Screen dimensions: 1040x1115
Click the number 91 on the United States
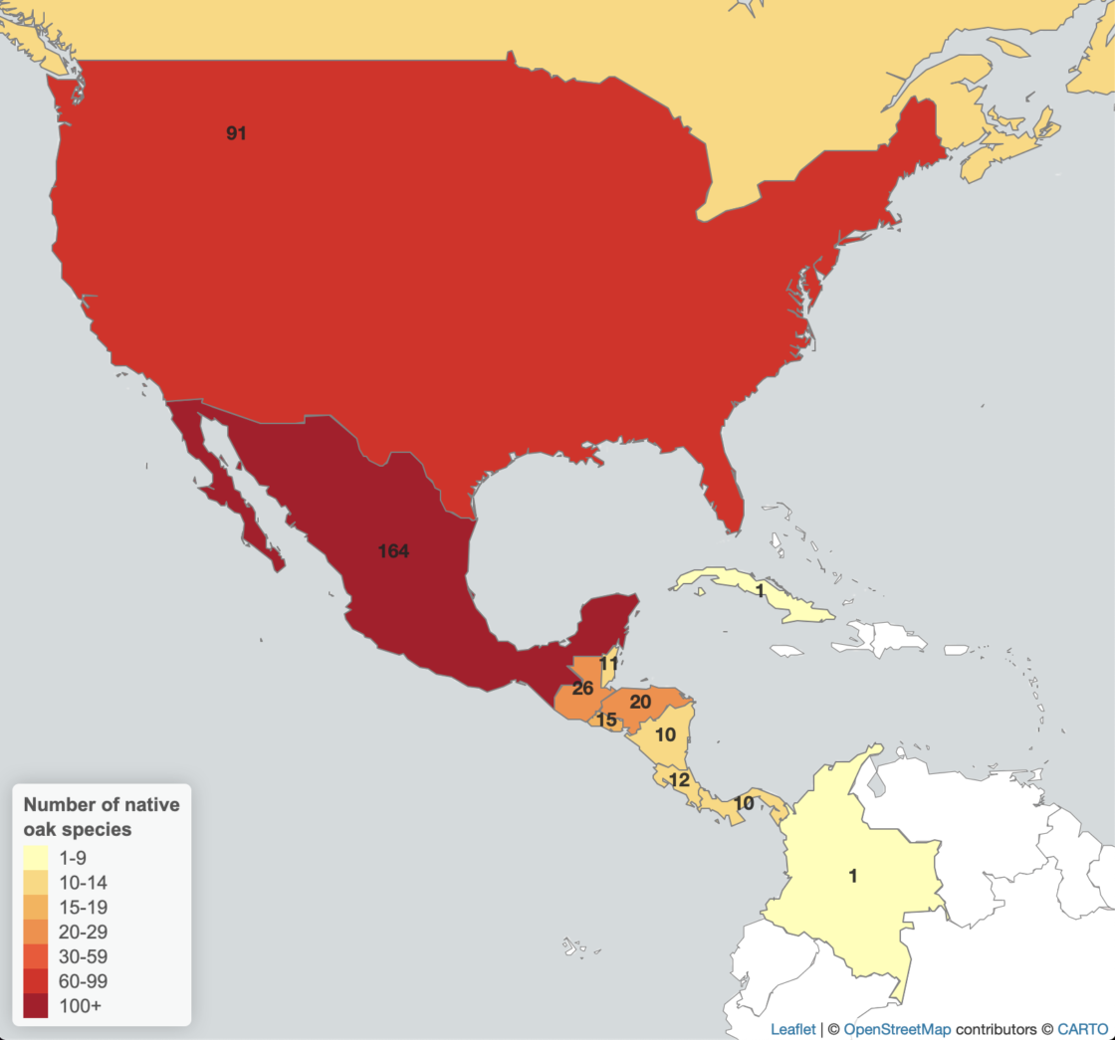click(236, 133)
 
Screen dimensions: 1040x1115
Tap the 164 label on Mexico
click(393, 550)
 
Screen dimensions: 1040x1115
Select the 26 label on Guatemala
click(583, 688)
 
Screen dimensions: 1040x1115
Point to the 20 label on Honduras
click(641, 702)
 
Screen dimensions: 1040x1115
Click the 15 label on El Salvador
click(606, 719)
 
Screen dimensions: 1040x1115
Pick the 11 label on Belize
click(609, 663)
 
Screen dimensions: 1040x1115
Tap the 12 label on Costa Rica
click(679, 780)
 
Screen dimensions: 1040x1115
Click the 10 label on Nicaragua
click(665, 734)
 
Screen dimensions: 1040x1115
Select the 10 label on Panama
click(744, 803)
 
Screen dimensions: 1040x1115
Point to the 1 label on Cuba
click(760, 591)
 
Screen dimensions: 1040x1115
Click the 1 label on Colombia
click(852, 876)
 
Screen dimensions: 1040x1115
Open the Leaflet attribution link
click(792, 1029)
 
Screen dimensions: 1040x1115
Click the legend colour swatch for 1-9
click(36, 857)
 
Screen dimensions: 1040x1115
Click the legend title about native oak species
click(101, 816)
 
